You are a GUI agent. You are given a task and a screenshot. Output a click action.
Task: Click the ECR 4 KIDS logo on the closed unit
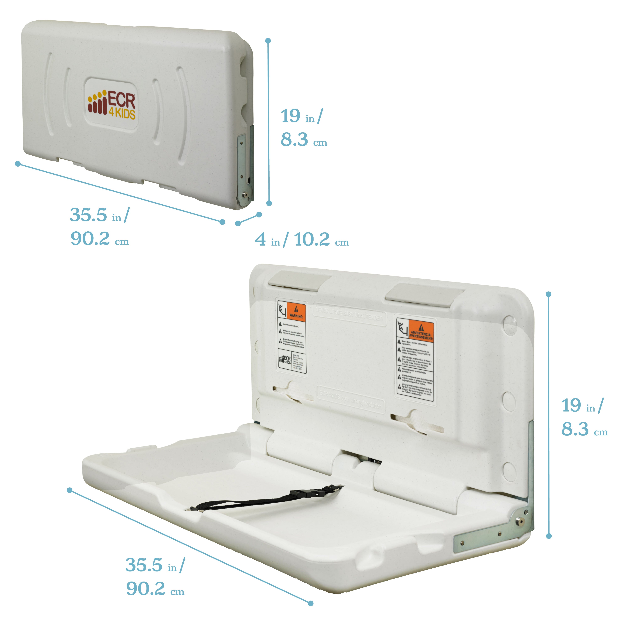(111, 104)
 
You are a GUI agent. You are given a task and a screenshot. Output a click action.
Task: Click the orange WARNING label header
(296, 312)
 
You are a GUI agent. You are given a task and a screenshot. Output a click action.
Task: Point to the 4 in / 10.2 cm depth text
(302, 240)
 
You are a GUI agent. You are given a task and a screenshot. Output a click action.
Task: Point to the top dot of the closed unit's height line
(268, 41)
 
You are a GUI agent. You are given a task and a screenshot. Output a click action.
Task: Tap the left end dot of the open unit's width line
(70, 490)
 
